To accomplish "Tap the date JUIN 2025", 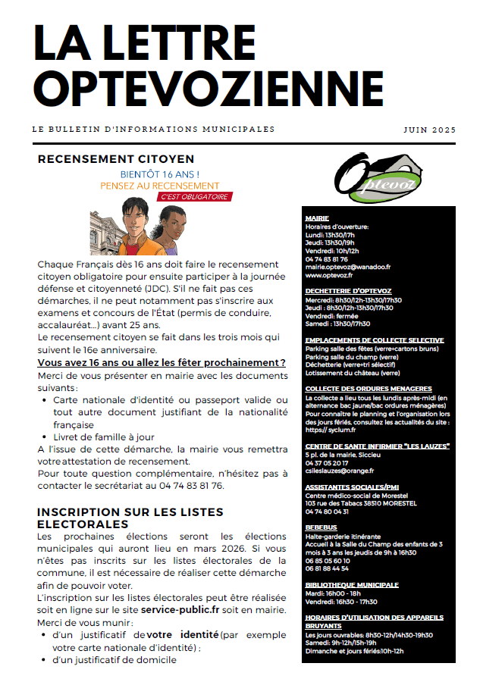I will click(430, 130).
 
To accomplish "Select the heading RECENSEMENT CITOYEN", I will click(116, 159).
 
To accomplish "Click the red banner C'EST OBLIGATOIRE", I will click(194, 197).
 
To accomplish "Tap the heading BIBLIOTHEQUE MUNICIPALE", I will click(351, 585).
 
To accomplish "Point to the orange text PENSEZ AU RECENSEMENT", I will click(160, 186).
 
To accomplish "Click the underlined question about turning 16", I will click(162, 363).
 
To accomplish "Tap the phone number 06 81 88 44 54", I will click(327, 568).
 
